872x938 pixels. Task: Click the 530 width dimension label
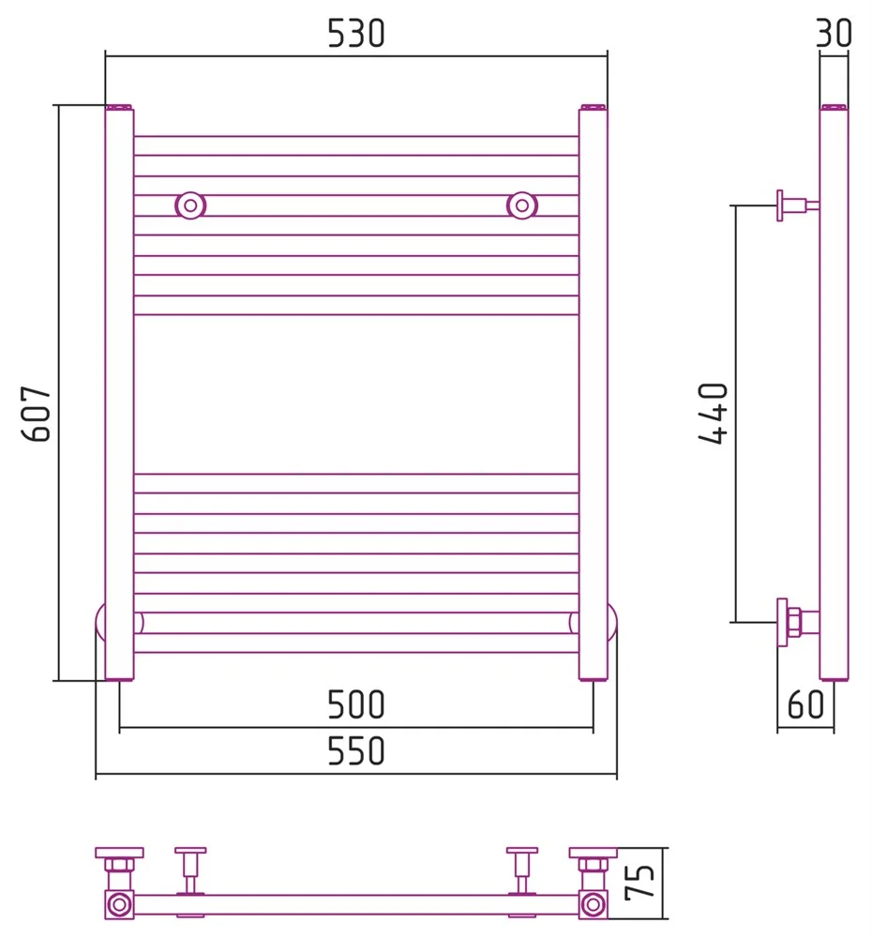(x=356, y=34)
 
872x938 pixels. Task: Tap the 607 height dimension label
(x=37, y=414)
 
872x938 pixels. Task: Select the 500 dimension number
(x=356, y=704)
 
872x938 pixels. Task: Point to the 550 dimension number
(x=356, y=751)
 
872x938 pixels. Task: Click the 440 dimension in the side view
(x=713, y=414)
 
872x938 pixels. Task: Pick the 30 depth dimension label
(x=834, y=34)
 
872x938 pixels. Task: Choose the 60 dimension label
(x=805, y=704)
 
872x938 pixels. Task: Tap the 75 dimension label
(x=640, y=883)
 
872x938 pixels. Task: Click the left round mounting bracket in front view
(x=190, y=205)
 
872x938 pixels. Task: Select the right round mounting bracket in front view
(x=522, y=205)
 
